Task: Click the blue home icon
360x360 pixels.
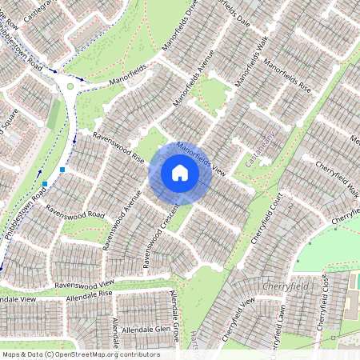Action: (180, 172)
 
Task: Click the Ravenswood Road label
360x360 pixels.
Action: (75, 210)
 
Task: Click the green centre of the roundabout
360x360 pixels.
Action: (70, 86)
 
